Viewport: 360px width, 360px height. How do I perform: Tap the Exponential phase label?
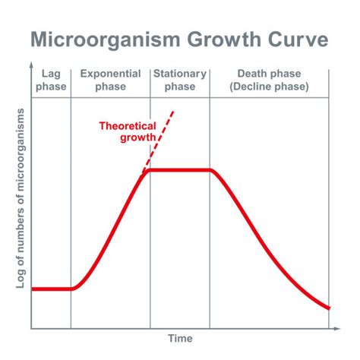point(111,81)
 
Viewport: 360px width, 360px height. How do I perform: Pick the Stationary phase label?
point(179,81)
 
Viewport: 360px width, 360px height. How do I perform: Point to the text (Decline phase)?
point(268,87)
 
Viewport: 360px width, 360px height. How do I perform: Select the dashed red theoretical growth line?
point(162,141)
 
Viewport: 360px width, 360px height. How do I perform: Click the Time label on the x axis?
point(180,339)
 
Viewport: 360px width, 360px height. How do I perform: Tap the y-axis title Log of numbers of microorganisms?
point(21,197)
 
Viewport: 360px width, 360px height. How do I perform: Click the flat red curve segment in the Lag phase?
point(52,289)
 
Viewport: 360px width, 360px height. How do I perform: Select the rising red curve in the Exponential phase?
point(114,228)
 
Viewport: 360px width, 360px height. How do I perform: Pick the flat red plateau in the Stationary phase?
point(179,170)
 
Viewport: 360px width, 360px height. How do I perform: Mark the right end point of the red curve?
point(329,308)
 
